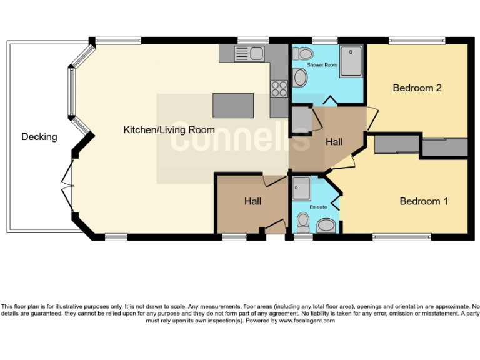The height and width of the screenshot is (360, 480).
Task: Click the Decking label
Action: [39, 137]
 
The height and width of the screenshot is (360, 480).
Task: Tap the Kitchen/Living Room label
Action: [169, 130]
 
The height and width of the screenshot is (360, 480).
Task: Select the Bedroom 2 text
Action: [417, 88]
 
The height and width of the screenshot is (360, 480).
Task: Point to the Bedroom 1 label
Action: [424, 201]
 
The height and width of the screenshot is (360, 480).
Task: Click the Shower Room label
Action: [322, 65]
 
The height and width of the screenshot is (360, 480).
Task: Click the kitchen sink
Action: [249, 54]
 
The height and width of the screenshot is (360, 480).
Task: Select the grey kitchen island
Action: [233, 105]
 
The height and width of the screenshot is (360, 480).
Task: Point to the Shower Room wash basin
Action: [300, 77]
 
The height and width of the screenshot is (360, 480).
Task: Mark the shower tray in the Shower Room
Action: [351, 61]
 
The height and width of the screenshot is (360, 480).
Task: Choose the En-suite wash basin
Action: [326, 226]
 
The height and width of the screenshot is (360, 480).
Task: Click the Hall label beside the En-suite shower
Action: [252, 201]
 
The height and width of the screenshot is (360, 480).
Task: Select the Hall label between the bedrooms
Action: [334, 142]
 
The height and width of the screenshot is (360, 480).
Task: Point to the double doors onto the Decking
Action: [67, 182]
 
